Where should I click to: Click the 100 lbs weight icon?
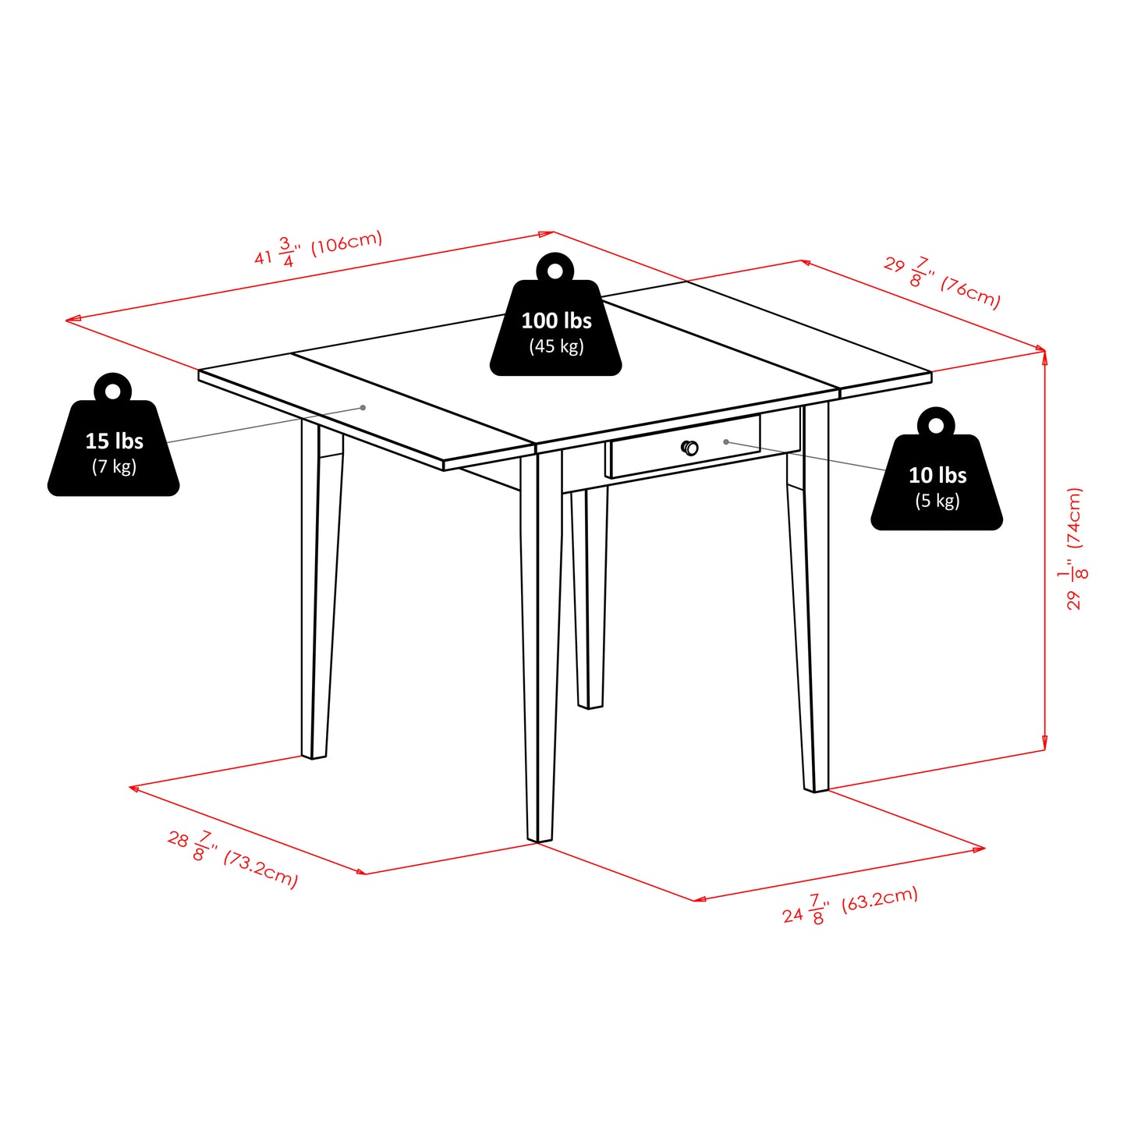click(x=555, y=328)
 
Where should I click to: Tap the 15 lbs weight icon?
click(x=114, y=448)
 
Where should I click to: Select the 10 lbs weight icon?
click(x=937, y=483)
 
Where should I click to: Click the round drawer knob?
click(x=689, y=448)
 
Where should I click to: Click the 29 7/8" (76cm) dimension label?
click(x=942, y=282)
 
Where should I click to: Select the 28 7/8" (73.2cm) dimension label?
click(x=232, y=858)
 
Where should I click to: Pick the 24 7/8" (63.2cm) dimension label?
click(x=850, y=905)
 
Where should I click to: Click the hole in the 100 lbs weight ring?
click(x=555, y=271)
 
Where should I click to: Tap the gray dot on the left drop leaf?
click(x=363, y=408)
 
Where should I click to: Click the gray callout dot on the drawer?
click(x=726, y=442)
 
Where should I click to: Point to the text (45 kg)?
click(x=556, y=346)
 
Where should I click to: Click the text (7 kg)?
click(x=114, y=466)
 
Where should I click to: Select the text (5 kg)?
click(x=937, y=501)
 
